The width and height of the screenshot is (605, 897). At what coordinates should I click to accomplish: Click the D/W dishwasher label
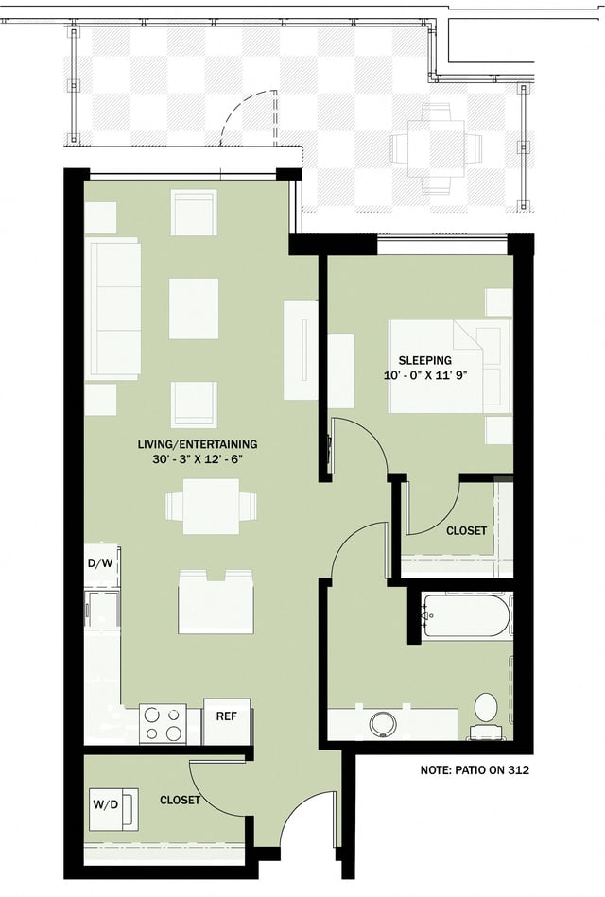100,563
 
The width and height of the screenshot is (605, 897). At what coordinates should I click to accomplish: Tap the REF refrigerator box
226,716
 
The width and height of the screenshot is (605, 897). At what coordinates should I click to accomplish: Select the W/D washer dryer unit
112,806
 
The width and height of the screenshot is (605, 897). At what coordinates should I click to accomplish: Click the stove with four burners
163,723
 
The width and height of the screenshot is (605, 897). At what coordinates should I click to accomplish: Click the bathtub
466,616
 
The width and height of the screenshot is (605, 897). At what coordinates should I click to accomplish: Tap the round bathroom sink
383,724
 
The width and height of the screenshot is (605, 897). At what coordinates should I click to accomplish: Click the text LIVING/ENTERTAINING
196,444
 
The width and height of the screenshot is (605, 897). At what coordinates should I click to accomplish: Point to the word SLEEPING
424,360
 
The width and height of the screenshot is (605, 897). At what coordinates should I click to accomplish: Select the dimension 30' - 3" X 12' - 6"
196,459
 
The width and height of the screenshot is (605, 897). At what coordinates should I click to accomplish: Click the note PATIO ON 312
474,770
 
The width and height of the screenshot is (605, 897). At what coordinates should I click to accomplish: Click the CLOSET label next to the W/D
180,800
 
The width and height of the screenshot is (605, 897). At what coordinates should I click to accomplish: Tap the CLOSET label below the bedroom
466,531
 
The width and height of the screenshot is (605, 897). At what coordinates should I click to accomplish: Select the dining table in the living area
211,506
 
